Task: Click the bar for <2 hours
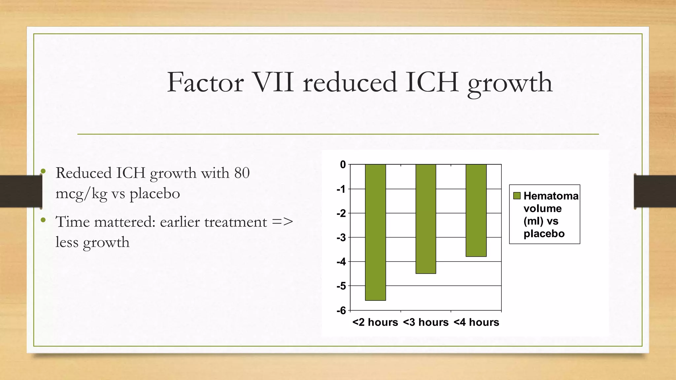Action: pos(375,232)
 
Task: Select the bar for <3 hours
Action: pos(426,219)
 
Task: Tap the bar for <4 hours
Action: pos(476,210)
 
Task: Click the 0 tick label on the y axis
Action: pos(343,165)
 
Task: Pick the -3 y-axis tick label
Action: pos(342,237)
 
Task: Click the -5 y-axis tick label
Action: pos(342,286)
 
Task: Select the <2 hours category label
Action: pos(375,322)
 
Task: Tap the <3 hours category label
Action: pos(426,322)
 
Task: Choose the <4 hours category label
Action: pos(476,322)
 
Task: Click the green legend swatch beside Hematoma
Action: pos(517,196)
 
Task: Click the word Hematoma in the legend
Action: pos(551,196)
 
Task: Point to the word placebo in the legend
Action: pos(544,234)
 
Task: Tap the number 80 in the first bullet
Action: pos(242,173)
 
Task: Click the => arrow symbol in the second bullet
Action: pos(283,222)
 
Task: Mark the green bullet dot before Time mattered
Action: pos(43,220)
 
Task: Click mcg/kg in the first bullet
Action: pos(82,194)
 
